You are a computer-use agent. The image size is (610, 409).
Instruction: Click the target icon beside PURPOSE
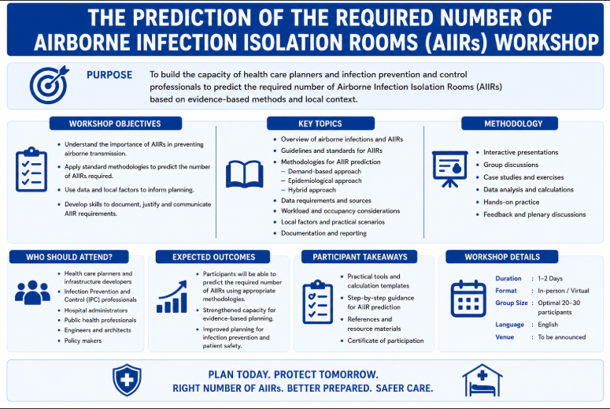[49, 85]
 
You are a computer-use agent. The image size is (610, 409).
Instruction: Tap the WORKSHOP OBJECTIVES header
[115, 124]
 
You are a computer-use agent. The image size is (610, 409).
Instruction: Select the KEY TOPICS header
[320, 124]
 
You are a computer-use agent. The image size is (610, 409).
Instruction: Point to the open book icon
[244, 174]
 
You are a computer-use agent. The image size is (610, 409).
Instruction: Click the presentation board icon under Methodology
[449, 169]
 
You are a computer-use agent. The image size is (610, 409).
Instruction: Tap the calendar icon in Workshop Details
[468, 299]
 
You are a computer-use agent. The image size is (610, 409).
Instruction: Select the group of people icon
[33, 292]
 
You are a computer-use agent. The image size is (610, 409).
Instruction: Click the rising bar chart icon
[172, 297]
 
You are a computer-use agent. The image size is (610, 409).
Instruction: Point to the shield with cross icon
[127, 380]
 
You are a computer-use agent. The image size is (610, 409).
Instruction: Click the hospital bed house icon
[482, 380]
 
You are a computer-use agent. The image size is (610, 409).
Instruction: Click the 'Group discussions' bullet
[511, 165]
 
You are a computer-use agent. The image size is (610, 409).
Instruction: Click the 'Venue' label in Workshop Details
[505, 337]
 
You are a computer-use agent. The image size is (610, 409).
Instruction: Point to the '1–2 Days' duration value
[550, 278]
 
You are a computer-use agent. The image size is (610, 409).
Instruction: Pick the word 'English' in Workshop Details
[548, 325]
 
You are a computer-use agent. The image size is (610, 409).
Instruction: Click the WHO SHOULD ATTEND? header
[68, 257]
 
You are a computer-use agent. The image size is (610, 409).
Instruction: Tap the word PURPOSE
[109, 75]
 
